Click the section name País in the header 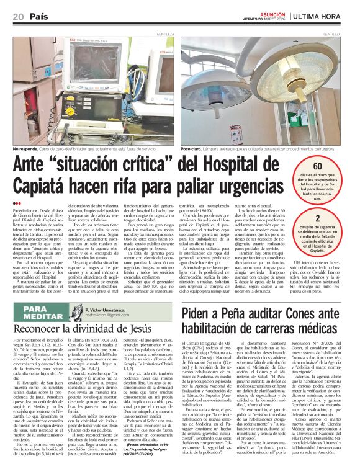click(x=38, y=16)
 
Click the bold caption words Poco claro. click(x=193, y=149)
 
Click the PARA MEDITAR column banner click(x=37, y=311)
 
